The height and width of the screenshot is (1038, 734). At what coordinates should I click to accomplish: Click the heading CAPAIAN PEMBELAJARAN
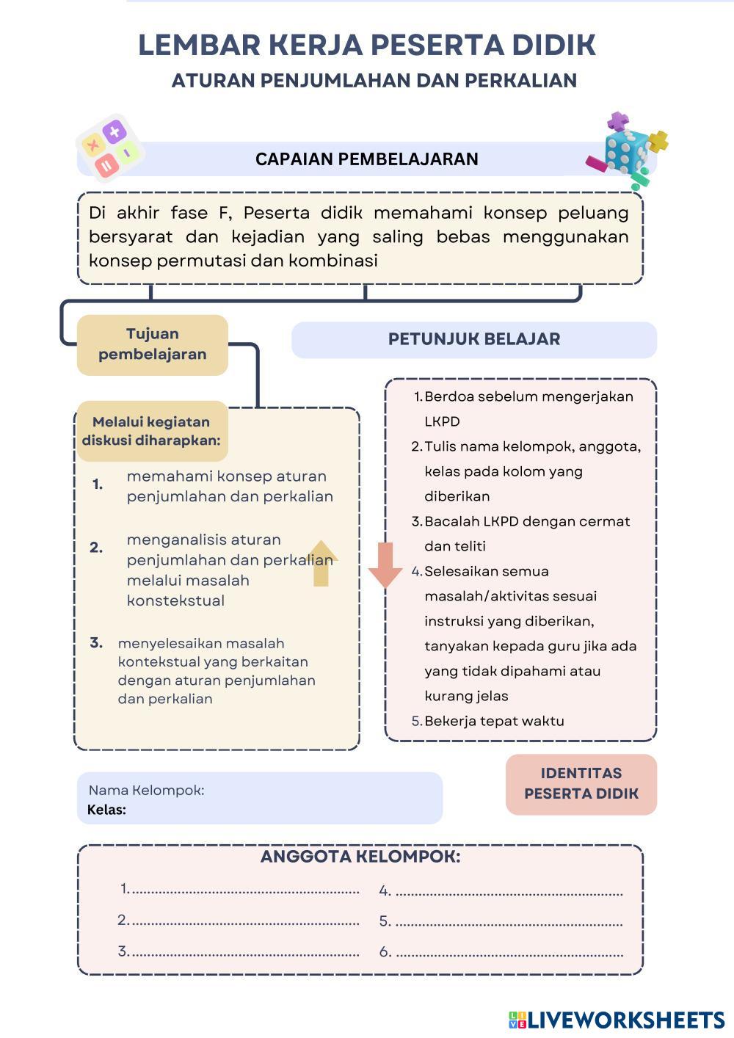tap(366, 159)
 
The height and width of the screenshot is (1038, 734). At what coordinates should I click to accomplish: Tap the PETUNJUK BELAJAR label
tap(473, 339)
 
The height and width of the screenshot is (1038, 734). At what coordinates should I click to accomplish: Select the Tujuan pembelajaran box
tap(153, 344)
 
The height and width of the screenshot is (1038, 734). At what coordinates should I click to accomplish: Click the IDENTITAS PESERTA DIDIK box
tap(581, 784)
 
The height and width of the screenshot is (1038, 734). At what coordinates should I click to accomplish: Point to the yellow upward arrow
tap(321, 563)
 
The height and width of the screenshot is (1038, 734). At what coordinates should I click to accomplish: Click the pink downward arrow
tap(385, 565)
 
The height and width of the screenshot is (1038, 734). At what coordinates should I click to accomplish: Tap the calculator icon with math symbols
tap(110, 148)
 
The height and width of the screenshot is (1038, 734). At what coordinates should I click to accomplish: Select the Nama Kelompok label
tap(146, 791)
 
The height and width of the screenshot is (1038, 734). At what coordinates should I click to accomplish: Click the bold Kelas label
tap(106, 810)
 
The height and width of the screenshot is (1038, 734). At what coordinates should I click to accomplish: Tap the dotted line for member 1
tap(245, 892)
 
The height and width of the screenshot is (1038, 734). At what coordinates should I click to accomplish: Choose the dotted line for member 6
tap(509, 954)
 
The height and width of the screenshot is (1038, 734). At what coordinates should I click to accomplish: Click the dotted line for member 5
tap(509, 923)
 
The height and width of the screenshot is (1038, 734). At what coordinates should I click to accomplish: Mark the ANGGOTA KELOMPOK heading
tap(360, 857)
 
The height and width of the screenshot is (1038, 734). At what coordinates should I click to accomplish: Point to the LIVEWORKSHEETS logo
tap(617, 1020)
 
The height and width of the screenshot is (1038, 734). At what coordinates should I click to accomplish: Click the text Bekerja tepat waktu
tap(494, 721)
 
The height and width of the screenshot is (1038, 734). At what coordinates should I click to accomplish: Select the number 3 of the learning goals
tap(96, 643)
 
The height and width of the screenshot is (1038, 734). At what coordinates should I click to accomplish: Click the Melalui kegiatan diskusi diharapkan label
tap(151, 432)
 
